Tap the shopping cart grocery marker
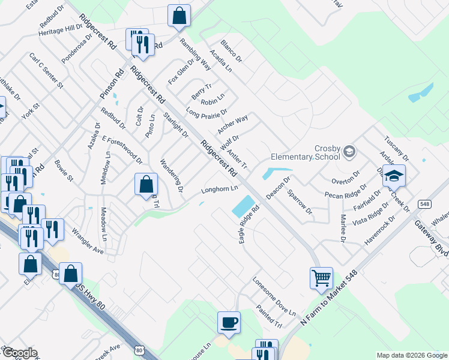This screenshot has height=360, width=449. [321, 278]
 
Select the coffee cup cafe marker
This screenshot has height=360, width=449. [229, 322]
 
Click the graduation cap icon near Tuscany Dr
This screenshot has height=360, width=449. [394, 175]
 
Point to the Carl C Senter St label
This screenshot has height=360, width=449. [46, 70]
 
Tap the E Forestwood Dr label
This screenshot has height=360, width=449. [122, 149]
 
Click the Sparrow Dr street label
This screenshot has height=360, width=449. [300, 203]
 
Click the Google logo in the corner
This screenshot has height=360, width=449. [20, 353]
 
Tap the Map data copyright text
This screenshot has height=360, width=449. [412, 355]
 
